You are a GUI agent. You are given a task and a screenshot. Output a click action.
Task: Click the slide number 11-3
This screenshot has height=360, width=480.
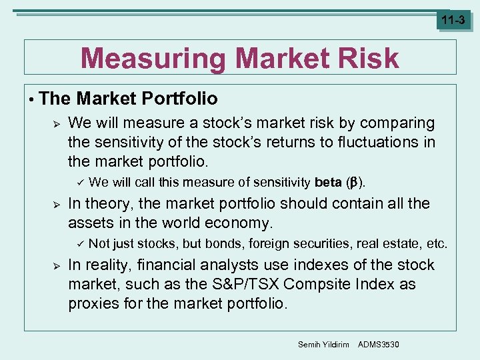tap(453, 20)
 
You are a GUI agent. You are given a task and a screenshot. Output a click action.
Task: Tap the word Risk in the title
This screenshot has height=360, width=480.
tap(366, 59)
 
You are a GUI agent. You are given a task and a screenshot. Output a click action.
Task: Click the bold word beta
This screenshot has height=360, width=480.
tap(328, 182)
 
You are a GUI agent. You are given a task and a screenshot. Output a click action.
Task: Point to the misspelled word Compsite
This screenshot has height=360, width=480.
tap(313, 285)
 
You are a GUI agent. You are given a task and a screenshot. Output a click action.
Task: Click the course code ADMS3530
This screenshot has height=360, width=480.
tap(379, 343)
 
